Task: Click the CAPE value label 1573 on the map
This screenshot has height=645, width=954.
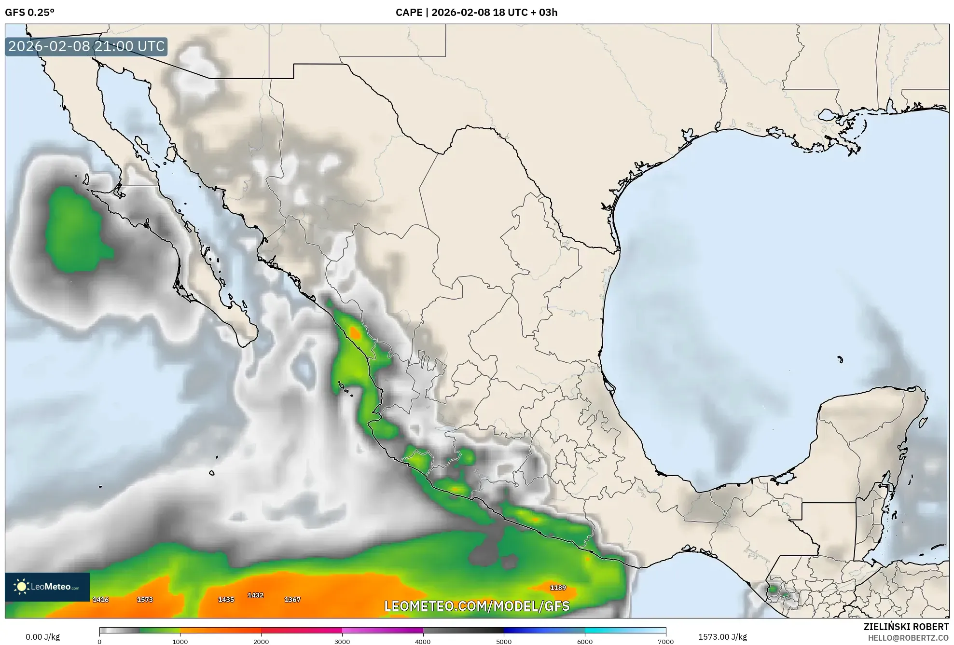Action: coord(145,600)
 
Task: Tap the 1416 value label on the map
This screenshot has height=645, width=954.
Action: coord(100,600)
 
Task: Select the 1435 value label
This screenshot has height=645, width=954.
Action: coord(226,600)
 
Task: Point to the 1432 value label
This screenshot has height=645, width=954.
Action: coord(255,595)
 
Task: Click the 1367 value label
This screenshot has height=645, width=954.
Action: coord(292,600)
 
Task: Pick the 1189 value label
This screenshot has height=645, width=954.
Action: coord(558,588)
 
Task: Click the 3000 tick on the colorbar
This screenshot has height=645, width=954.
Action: coord(342,641)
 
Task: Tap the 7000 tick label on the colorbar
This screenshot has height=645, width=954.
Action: coord(666,641)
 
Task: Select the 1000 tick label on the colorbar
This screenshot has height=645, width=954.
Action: coord(180,641)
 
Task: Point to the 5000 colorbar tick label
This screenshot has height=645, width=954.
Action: coord(504,641)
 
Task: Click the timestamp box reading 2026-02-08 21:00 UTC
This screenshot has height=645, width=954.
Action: coord(86,46)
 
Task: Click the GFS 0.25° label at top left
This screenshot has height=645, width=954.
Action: coord(29,13)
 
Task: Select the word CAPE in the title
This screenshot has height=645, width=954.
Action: coord(409,13)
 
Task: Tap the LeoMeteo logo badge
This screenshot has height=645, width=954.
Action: coord(47,587)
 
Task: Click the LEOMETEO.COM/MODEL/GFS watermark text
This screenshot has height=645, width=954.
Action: coord(477,606)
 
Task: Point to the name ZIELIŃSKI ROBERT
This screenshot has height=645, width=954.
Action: coord(906,627)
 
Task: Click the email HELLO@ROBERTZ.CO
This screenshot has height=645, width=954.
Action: coord(908,638)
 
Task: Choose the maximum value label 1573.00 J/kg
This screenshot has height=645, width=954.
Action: coord(722,637)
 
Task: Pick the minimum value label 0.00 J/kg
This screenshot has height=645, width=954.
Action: coord(42,637)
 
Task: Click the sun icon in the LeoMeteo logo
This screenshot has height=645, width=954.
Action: coord(21,587)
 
